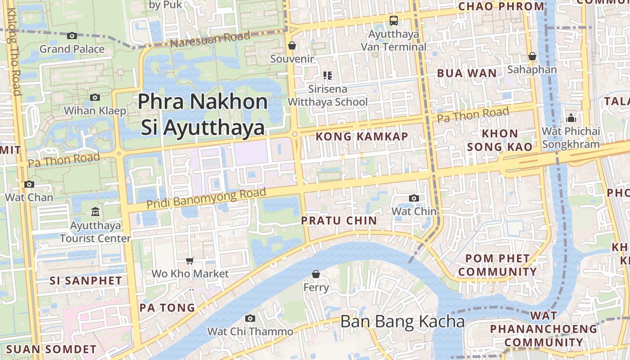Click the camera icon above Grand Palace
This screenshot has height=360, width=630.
(x=72, y=36)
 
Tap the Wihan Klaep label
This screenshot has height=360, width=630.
(x=95, y=110)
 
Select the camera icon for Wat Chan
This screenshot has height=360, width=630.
(x=29, y=184)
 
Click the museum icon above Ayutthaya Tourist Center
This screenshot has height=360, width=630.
(x=95, y=211)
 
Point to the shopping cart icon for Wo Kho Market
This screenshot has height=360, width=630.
(x=190, y=261)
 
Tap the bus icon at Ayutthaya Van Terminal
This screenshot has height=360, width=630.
(x=394, y=20)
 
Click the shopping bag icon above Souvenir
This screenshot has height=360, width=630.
(x=292, y=45)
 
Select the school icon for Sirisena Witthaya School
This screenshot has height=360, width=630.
(x=328, y=76)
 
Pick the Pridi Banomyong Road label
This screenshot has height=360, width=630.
(x=206, y=198)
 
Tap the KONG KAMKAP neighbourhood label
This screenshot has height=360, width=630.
(x=362, y=136)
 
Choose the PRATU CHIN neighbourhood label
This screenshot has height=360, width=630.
(x=339, y=220)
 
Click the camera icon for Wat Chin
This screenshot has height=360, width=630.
(x=414, y=198)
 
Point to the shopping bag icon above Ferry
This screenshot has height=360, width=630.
(x=316, y=274)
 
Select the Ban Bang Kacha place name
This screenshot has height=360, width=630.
(x=402, y=322)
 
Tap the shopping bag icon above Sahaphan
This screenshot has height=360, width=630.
(x=532, y=56)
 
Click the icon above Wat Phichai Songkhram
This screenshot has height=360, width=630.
(x=571, y=118)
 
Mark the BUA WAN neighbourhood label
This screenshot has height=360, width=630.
(x=467, y=73)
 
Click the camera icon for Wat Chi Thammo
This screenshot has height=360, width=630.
(x=250, y=318)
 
